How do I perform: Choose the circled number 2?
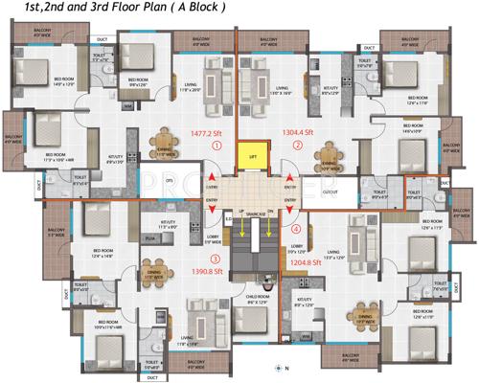coord(297,146)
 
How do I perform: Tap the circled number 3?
coord(217,259)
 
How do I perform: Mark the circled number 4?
coord(296,229)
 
